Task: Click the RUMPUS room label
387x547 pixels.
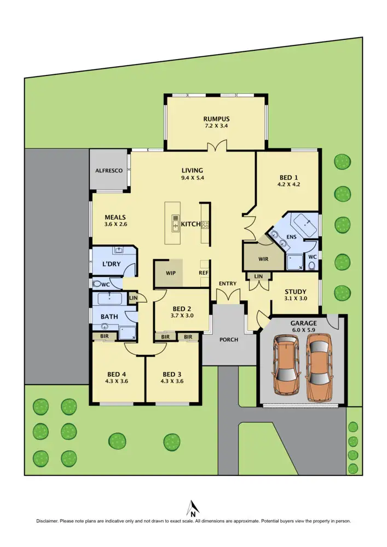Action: [x=216, y=119]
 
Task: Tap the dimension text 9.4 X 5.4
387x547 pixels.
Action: [x=192, y=178]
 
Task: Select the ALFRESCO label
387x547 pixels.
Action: [x=109, y=170]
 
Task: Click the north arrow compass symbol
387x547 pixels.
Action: [x=193, y=508]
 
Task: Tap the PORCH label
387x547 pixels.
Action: [x=229, y=340]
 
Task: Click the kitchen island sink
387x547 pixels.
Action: [x=175, y=224]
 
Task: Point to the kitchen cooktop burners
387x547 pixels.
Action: [x=205, y=224]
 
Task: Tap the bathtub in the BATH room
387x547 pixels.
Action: [x=109, y=299]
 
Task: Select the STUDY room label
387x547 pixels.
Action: [x=296, y=292]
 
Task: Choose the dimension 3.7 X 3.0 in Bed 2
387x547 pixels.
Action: [x=182, y=316]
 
